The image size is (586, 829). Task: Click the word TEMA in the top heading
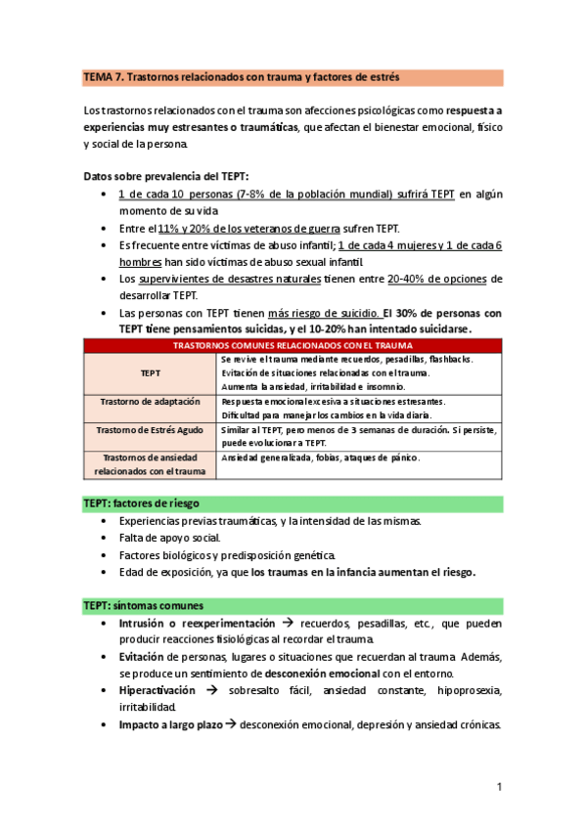coord(99,76)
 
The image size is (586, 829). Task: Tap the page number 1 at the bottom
coord(498,787)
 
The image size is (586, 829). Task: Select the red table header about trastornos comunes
coord(293,345)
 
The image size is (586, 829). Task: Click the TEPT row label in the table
coord(151,372)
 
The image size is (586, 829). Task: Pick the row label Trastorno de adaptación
coord(151,402)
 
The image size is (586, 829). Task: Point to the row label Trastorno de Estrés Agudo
coord(151,430)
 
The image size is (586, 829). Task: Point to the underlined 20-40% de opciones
coord(444,279)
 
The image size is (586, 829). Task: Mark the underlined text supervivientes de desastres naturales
coord(230,279)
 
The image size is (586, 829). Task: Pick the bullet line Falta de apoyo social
coord(170,538)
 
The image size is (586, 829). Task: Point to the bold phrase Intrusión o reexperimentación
coord(198,623)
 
